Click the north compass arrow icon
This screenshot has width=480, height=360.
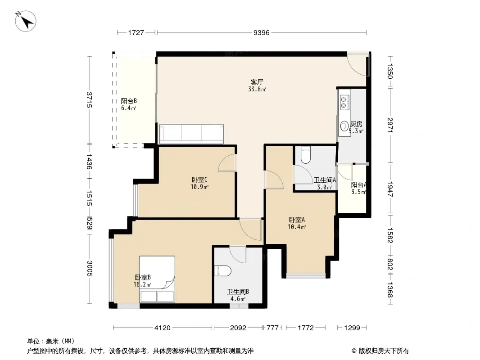tap(26, 21)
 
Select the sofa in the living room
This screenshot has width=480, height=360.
tap(191, 134)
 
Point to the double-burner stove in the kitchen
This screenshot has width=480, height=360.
tap(344, 102)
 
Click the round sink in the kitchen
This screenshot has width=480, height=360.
tap(344, 126)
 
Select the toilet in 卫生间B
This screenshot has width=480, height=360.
tap(224, 270)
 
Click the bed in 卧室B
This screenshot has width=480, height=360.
tap(157, 279)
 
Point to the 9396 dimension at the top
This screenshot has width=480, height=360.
tap(261, 32)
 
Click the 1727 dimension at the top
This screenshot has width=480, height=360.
tap(136, 32)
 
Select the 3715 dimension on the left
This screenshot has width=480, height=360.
tap(90, 99)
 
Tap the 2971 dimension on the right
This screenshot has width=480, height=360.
tap(390, 124)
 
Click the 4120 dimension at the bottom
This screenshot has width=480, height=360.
tap(163, 328)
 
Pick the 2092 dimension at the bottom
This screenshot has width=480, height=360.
tap(238, 328)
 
